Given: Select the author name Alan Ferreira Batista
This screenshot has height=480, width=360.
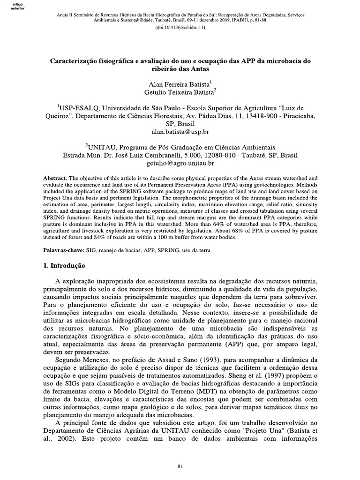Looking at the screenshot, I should pos(180,86).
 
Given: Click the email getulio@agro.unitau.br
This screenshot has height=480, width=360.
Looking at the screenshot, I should pos(180,163).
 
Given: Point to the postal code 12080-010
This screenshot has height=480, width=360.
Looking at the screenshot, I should pos(218,154).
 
